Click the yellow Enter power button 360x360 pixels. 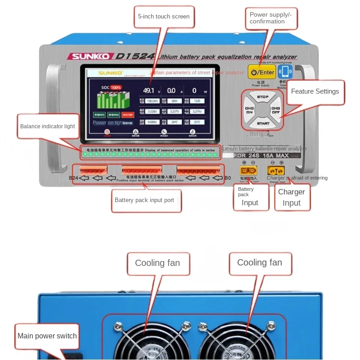tap(262, 72)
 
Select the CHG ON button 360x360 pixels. tap(249, 110)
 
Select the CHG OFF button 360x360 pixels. tap(275, 110)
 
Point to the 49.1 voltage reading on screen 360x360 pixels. tap(148, 90)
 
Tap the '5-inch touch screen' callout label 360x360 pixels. tap(164, 17)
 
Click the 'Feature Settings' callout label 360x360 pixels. tap(315, 91)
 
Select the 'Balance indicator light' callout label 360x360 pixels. tap(47, 126)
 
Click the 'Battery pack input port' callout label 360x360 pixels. tap(144, 200)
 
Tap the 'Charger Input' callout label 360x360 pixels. tap(291, 197)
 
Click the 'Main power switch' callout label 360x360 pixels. tap(47, 336)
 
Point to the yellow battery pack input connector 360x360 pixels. tap(249, 171)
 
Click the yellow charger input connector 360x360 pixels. tap(276, 171)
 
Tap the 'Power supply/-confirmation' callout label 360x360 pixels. tap(271, 18)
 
